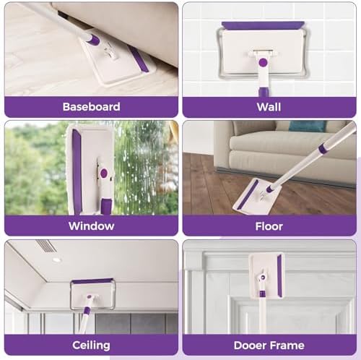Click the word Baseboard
click(x=91, y=107)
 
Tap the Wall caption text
click(x=269, y=107)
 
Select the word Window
click(x=91, y=226)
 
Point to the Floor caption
click(x=269, y=226)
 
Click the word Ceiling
click(x=91, y=345)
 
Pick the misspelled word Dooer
click(x=248, y=346)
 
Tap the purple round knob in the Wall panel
click(x=263, y=63)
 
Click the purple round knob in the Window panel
click(x=104, y=173)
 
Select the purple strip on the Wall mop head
click(x=263, y=26)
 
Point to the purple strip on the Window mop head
click(x=77, y=171)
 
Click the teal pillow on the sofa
click(x=308, y=126)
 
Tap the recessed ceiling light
click(x=57, y=260)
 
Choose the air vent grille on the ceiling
click(x=46, y=245)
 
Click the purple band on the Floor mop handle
click(x=322, y=149)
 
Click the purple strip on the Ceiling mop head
click(x=92, y=281)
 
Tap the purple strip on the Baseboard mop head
click(x=138, y=59)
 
